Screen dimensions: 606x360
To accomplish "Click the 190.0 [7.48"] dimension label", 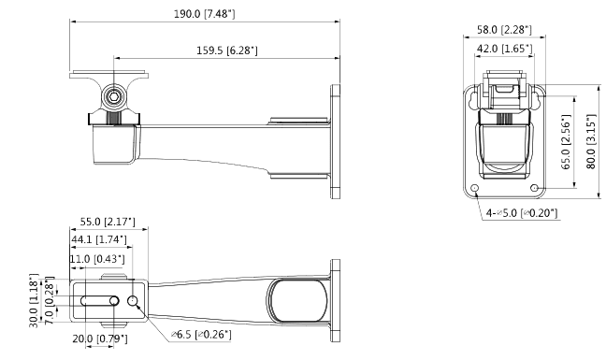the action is [204, 14].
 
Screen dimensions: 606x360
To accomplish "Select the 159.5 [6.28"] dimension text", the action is [227, 50].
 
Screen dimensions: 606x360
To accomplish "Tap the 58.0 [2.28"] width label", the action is [504, 30].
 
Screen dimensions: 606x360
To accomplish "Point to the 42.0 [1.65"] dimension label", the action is [504, 49].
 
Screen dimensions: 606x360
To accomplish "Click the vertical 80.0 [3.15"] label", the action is [591, 141].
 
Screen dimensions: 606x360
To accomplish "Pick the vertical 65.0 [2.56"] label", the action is [566, 142].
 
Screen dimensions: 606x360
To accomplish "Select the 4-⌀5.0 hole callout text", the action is [522, 213].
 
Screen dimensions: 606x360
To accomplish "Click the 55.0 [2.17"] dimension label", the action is [108, 222].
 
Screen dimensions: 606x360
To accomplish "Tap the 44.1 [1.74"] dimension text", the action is [99, 239].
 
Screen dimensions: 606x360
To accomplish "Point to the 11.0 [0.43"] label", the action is [97, 258].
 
